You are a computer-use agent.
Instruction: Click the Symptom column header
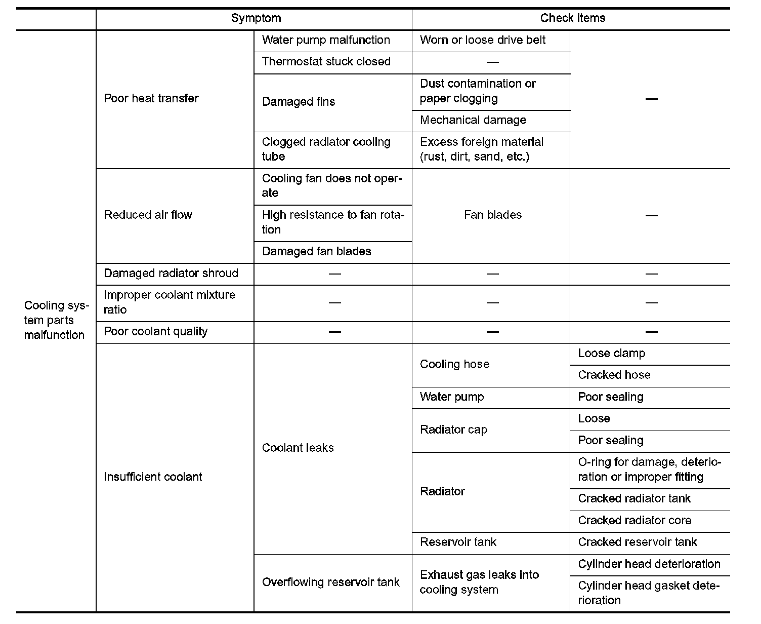[256, 18]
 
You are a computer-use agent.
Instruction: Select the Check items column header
[572, 18]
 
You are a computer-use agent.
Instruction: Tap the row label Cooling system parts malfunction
[55, 320]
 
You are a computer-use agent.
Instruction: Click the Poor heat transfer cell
[151, 98]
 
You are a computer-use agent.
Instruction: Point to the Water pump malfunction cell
[326, 40]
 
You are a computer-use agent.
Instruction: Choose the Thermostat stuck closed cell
[326, 62]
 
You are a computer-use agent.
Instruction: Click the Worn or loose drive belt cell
[482, 40]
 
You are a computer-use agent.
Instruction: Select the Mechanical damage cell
[473, 120]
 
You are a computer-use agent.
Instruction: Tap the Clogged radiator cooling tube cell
[326, 149]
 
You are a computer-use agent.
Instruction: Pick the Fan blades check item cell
[492, 215]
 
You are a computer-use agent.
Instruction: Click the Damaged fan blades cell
[316, 251]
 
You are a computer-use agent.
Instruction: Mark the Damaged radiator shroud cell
[171, 274]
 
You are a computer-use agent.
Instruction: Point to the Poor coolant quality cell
[155, 332]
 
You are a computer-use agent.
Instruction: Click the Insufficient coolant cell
[153, 477]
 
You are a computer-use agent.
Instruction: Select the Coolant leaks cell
[298, 448]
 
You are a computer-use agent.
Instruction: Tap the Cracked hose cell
[614, 375]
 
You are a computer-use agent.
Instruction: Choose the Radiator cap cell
[453, 430]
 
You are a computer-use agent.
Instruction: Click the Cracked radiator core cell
[634, 520]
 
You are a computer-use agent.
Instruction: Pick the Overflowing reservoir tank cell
[330, 582]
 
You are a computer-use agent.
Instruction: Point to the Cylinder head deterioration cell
[649, 564]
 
